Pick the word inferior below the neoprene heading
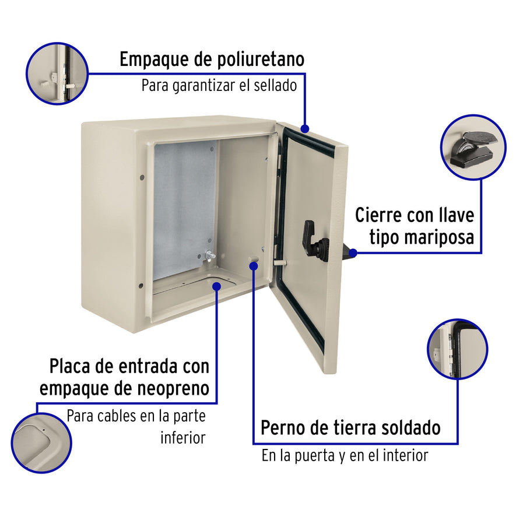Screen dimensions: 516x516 [182, 438]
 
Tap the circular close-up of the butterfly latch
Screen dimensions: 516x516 [473, 146]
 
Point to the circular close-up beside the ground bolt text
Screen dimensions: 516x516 [457, 349]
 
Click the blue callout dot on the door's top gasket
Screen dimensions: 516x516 [304, 128]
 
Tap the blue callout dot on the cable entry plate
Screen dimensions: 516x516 [216, 286]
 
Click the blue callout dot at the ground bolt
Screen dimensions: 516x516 [254, 266]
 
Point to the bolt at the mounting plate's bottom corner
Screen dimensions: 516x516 [208, 255]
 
